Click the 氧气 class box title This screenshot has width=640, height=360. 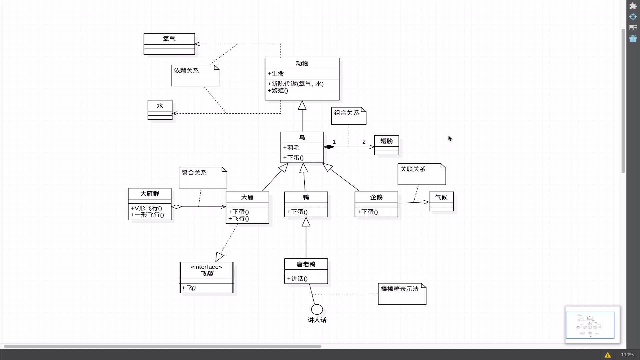[x=169, y=39]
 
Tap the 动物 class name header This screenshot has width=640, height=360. [x=302, y=63]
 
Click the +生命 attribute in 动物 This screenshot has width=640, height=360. [x=276, y=74]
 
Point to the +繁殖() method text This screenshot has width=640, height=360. [x=278, y=90]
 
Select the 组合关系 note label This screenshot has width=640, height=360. [x=347, y=113]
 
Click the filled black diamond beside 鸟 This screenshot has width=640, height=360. [x=329, y=147]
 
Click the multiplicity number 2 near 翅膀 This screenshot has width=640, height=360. [x=364, y=142]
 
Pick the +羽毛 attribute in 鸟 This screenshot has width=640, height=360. [x=291, y=148]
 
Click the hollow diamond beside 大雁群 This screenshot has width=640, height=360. [x=177, y=207]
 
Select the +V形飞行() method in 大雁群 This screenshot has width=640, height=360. [x=146, y=208]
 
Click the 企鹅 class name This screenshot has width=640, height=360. [x=376, y=197]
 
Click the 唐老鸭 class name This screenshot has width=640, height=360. [x=306, y=264]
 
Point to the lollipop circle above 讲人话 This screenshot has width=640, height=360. [x=317, y=309]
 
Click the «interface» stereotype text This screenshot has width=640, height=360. [x=206, y=267]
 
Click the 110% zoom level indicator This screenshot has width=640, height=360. [x=627, y=355]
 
